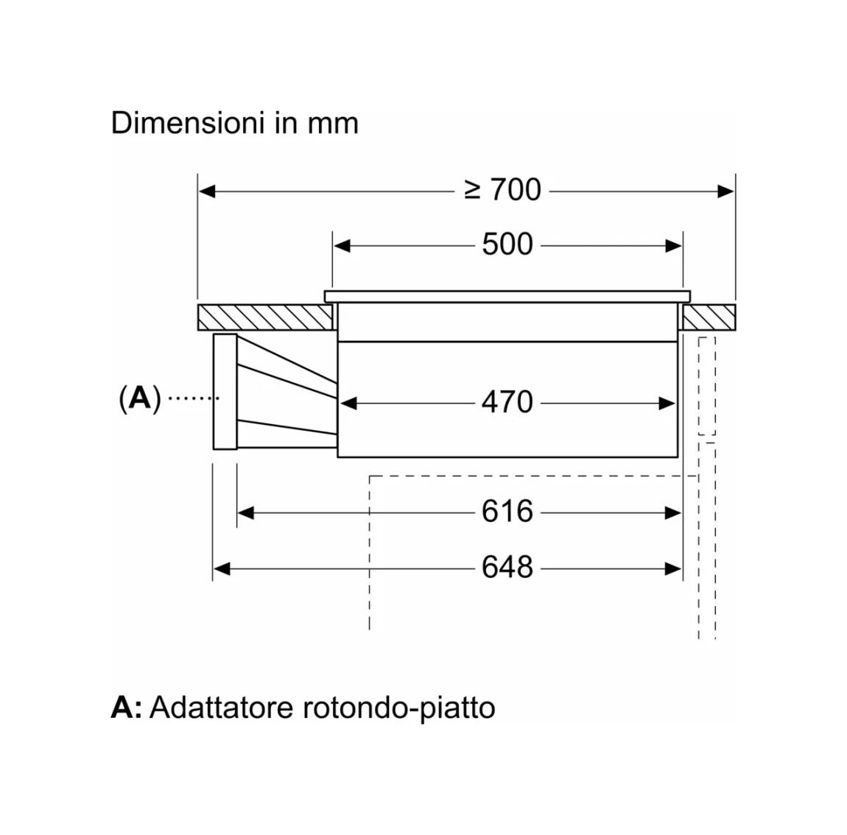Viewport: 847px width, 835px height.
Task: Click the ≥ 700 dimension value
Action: pos(502,190)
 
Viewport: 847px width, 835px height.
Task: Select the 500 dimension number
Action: pos(507,244)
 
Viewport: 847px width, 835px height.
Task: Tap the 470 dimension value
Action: pos(507,402)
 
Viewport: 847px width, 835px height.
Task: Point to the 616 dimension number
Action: pos(507,512)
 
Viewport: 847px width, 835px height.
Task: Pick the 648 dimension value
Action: pos(507,568)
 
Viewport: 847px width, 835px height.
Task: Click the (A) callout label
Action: pos(140,398)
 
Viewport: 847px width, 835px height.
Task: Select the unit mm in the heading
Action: pos(334,124)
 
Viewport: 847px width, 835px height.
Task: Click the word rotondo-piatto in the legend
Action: pos(398,709)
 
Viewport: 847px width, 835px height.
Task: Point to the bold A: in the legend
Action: pos(127,708)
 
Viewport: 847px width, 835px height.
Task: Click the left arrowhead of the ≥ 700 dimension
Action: pos(207,191)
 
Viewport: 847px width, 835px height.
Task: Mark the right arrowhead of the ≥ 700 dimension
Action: pos(725,191)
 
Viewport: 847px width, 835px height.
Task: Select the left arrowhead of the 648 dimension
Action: pos(222,568)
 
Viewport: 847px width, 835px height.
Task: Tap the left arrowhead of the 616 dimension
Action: pos(246,512)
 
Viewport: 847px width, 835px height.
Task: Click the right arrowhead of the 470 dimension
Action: pos(667,404)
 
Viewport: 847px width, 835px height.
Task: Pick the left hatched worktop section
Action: pos(264,317)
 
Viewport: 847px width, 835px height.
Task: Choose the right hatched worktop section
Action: pos(709,317)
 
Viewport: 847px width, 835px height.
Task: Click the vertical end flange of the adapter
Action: pos(225,392)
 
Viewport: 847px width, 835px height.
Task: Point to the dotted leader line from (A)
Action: pos(194,398)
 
